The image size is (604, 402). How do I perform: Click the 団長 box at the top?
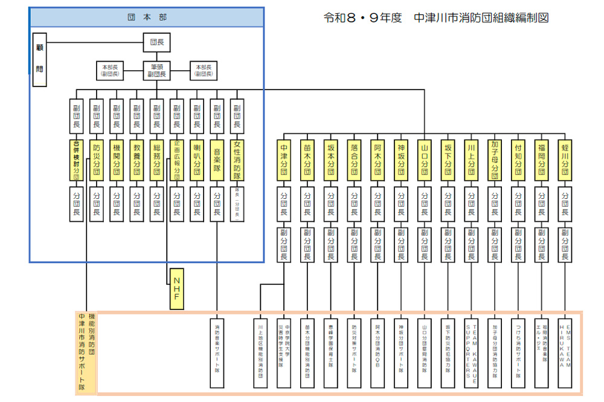[156, 42]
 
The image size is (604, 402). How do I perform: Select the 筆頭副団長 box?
[156, 71]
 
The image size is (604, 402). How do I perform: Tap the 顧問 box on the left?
[39, 60]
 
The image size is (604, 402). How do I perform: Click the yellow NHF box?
[176, 289]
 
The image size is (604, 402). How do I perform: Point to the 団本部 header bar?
[147, 18]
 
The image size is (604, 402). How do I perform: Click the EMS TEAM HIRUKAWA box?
[565, 352]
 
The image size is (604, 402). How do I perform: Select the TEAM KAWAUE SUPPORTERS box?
[471, 352]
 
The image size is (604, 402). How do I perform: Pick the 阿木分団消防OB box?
[377, 352]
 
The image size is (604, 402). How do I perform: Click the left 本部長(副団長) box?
[111, 71]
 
